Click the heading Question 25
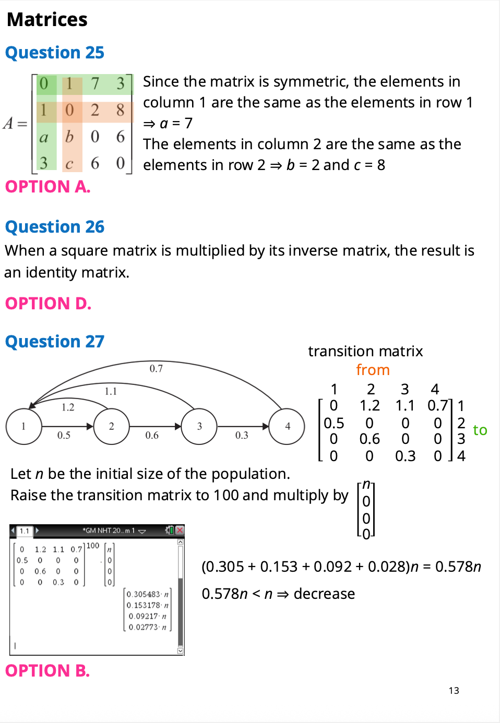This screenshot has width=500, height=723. pos(55,53)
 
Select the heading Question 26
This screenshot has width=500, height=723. pos(55,227)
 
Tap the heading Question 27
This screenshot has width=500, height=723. pos(55,342)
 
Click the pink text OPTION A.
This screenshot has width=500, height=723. pos(48,187)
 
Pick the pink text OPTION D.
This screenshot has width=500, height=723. pos(49,304)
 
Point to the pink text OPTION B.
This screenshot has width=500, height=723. pos(47,671)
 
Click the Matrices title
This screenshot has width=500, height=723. pos(47,20)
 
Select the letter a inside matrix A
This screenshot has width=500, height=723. pos(44,137)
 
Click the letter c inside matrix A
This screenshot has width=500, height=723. pos(69,164)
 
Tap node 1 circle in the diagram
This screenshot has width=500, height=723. pos(23,427)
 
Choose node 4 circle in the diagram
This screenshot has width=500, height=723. pos(287,427)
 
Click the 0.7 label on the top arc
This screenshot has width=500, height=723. pos(156,369)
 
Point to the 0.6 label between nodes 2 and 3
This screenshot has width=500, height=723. pos(152,435)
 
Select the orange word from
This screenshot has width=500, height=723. pos(373,370)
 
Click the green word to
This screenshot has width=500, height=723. pos(480,430)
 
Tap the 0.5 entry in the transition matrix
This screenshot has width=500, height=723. pos(334,423)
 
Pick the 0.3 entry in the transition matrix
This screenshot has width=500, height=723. pos(405,456)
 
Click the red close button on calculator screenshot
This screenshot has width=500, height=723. pos(180,531)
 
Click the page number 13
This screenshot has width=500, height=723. pos(454,691)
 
